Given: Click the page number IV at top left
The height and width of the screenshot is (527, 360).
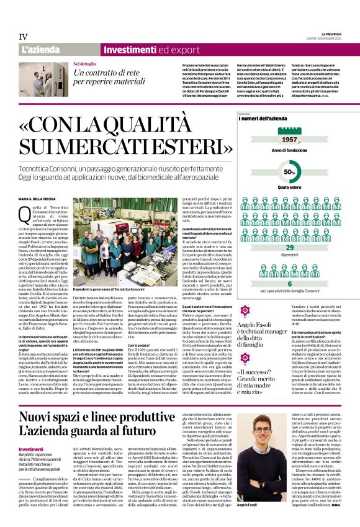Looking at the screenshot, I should [x=23, y=37].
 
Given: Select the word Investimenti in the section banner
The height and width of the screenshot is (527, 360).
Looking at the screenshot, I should [x=130, y=50].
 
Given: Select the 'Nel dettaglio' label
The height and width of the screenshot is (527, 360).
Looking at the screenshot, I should [x=84, y=64].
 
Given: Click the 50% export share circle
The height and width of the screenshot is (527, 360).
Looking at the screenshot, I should [x=289, y=171].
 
